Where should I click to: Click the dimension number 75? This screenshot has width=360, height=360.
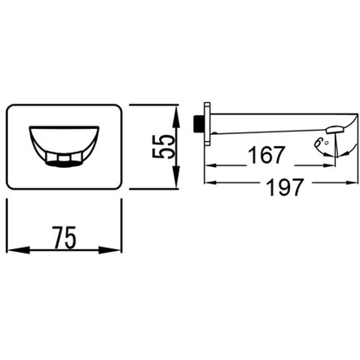65,237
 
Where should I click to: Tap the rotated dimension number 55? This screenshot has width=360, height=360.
164,146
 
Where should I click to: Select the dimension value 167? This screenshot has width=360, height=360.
267,155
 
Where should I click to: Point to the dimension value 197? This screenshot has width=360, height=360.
286,187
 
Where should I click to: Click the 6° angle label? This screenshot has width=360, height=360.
321,143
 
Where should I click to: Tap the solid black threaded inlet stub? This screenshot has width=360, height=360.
198,123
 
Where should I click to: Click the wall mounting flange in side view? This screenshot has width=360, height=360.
208,123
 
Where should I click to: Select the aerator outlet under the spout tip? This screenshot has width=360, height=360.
335,130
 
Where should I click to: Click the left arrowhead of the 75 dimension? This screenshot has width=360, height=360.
18,250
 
